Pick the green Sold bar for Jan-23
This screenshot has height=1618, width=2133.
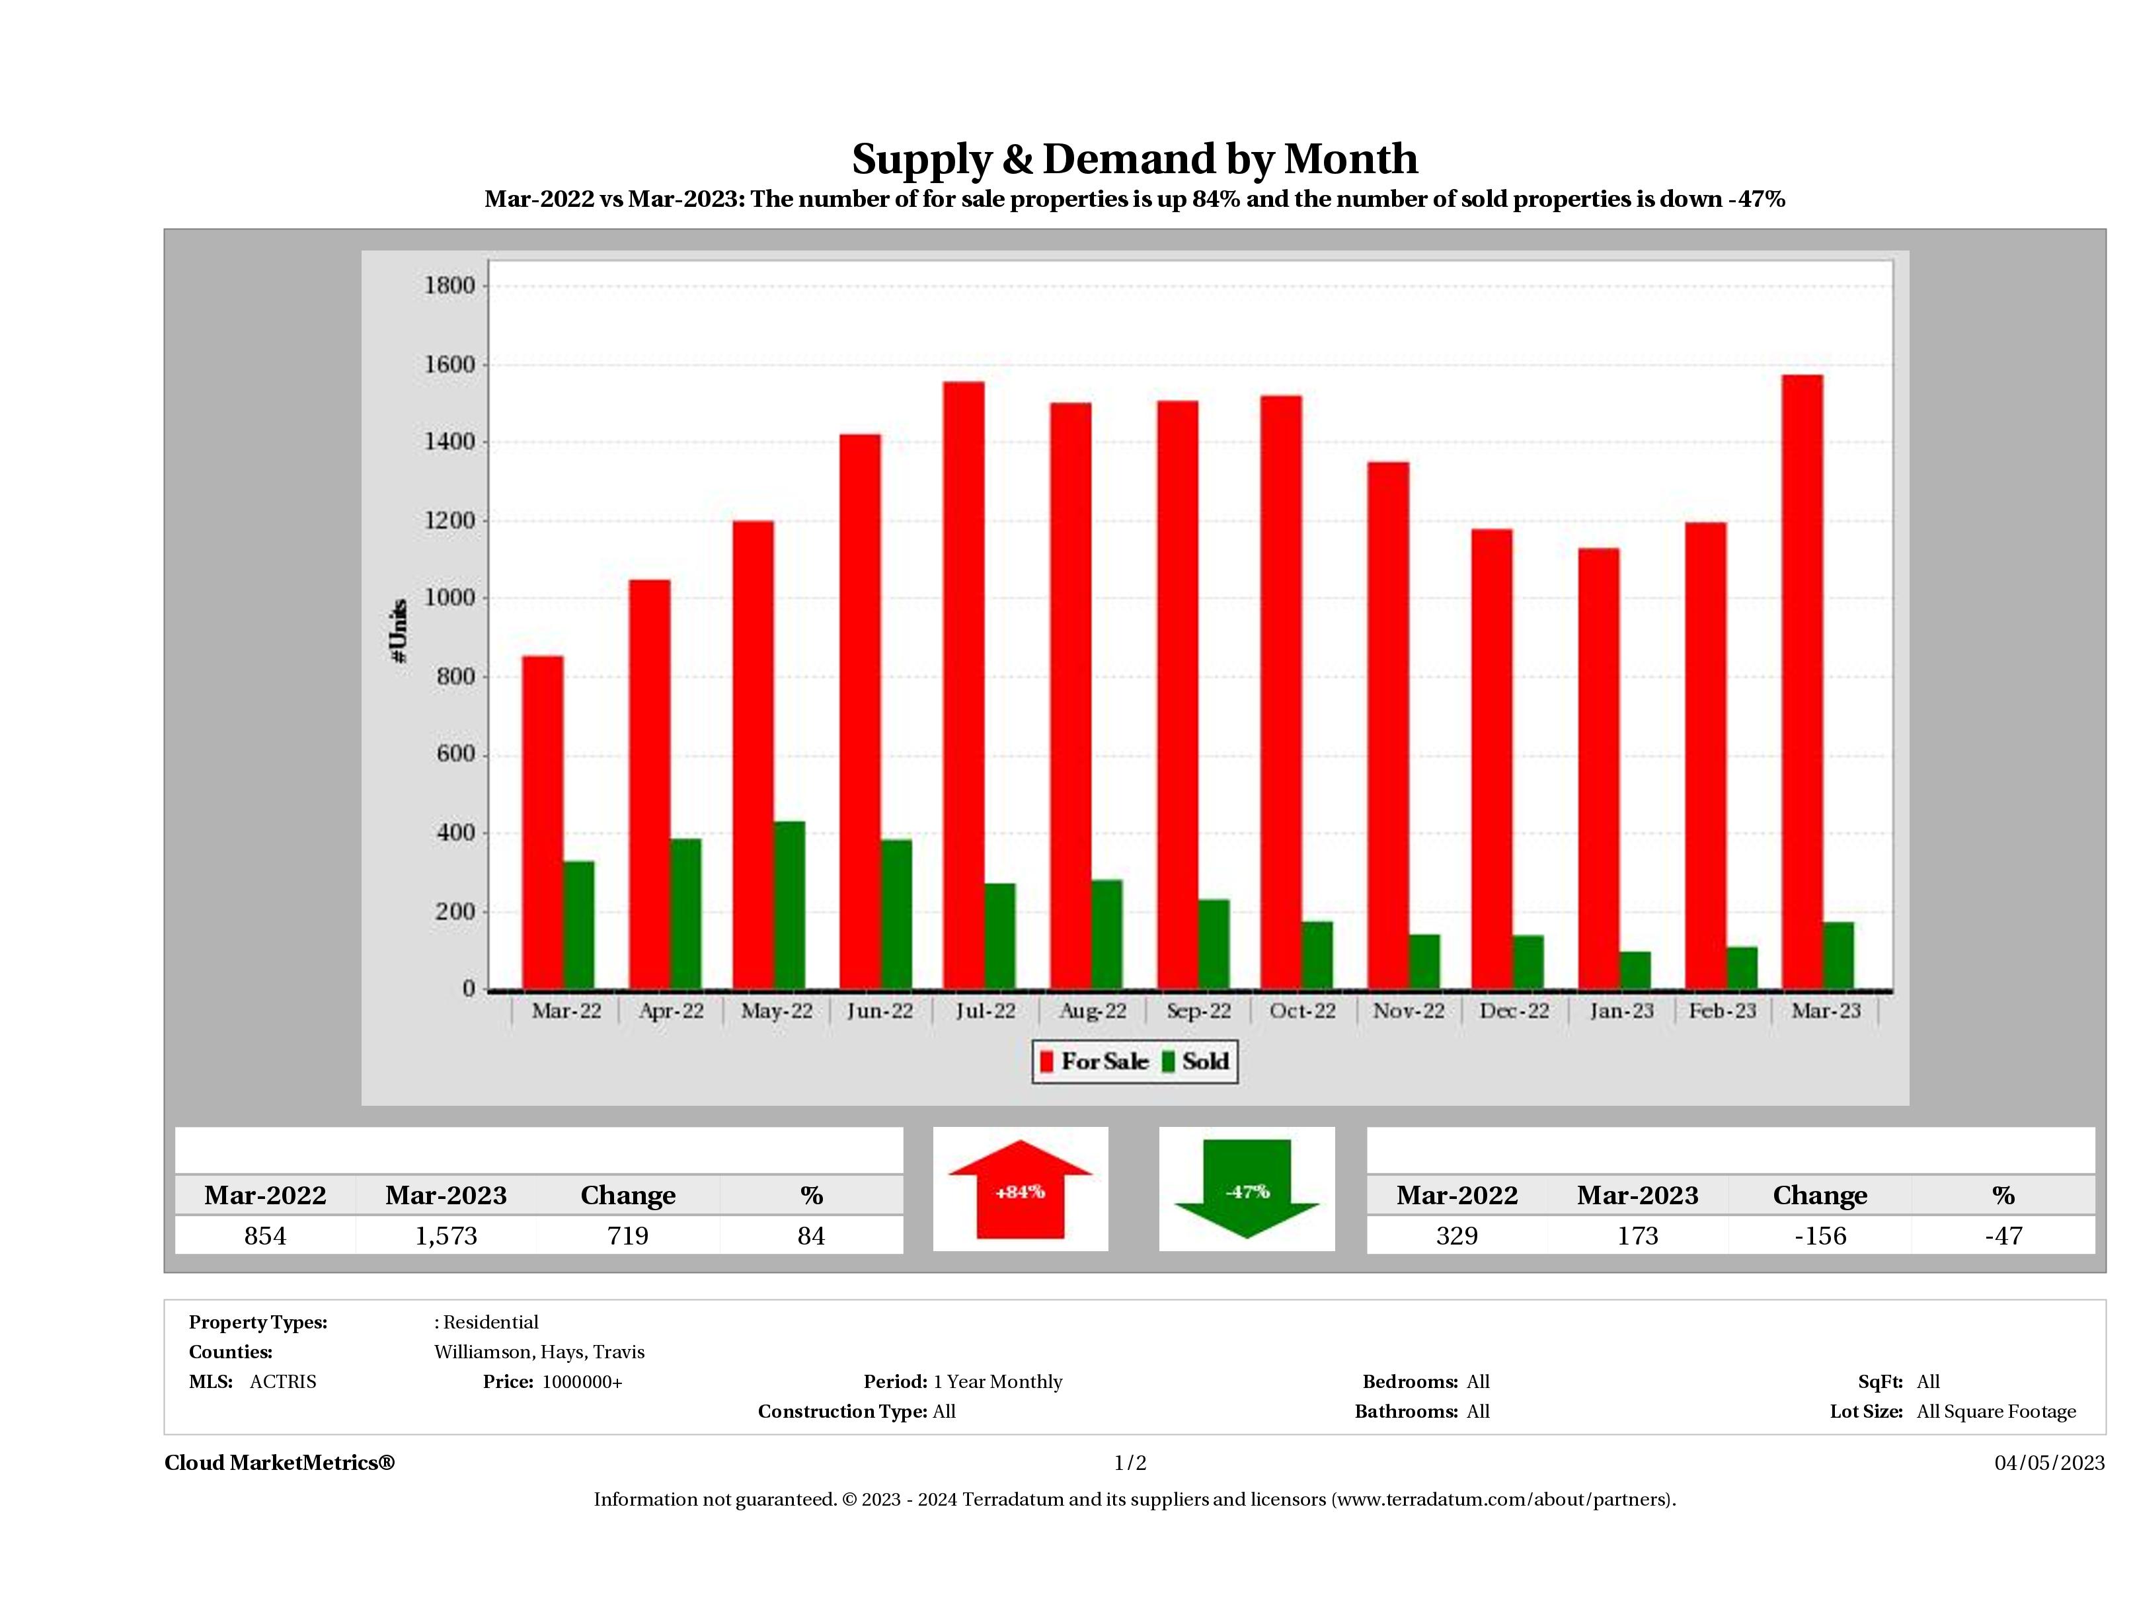click(1635, 970)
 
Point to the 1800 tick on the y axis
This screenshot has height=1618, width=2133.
click(449, 286)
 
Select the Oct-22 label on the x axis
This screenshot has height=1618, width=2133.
click(1303, 1011)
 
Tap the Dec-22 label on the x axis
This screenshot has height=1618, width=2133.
click(1514, 1011)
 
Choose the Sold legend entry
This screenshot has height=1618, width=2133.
click(1196, 1061)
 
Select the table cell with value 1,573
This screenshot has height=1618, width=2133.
click(446, 1235)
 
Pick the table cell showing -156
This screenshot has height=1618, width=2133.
click(1820, 1235)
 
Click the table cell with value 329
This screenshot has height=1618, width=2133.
click(1456, 1235)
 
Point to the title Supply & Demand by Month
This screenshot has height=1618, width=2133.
click(1135, 159)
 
